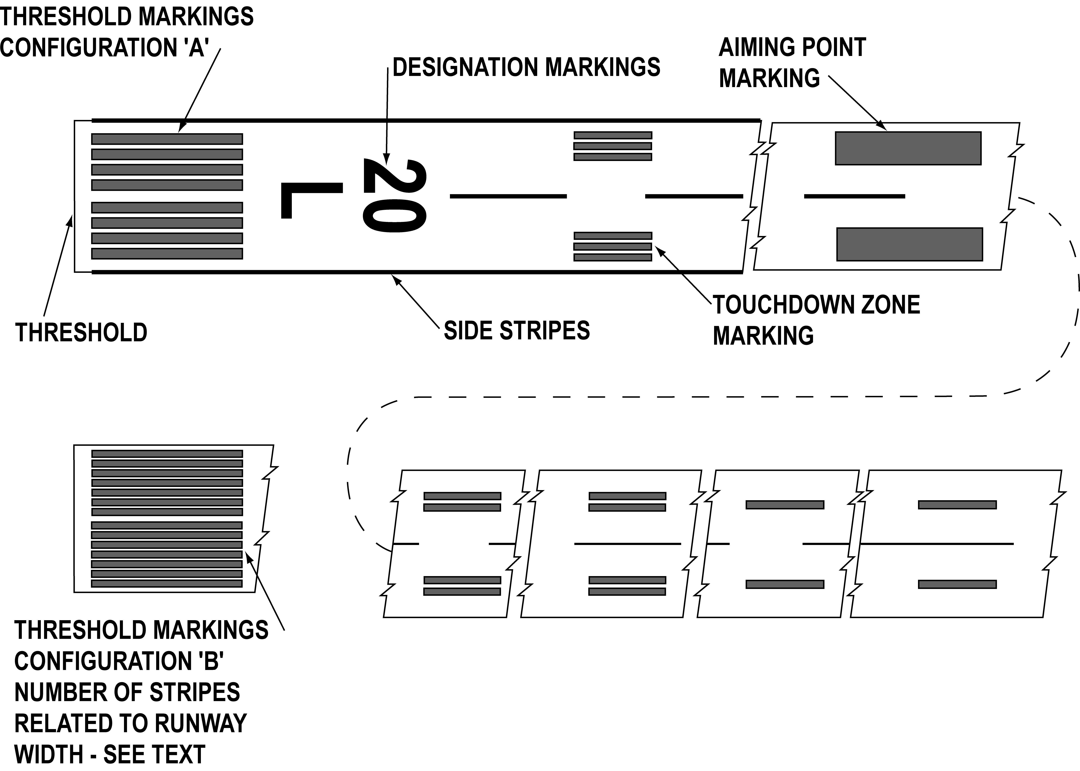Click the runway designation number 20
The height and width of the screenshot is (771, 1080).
point(394,196)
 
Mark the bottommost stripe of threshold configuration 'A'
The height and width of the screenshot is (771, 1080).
point(167,253)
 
